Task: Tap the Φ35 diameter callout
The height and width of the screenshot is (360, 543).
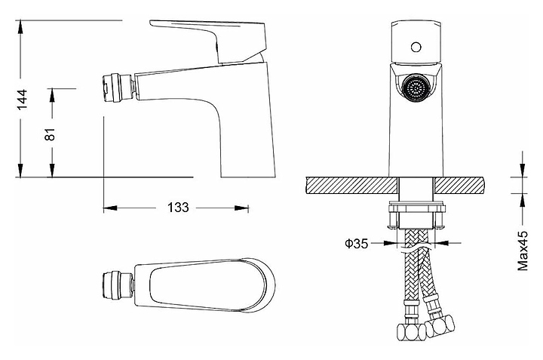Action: click(356, 243)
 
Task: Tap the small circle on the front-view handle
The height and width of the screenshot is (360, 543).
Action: click(413, 47)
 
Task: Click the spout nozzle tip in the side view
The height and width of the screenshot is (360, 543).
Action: click(116, 85)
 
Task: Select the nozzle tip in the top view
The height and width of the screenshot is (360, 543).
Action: click(116, 285)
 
